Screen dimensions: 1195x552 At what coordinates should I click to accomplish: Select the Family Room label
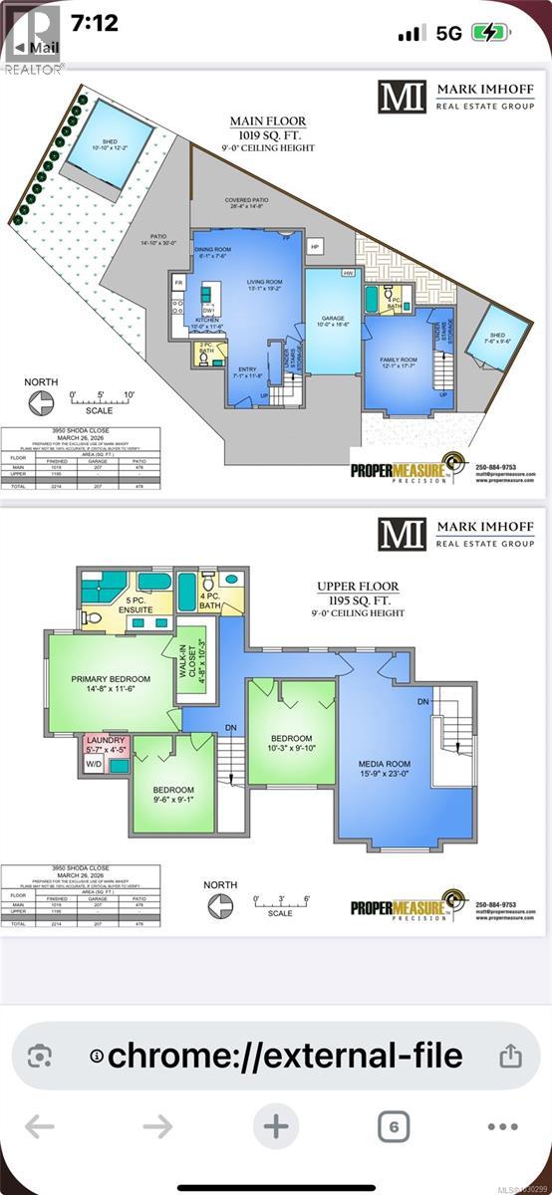396,365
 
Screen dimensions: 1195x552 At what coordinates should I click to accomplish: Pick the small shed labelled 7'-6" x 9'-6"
496,337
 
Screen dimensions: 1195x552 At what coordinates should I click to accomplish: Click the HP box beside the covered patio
314,245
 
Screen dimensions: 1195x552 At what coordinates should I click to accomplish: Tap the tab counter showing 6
395,1127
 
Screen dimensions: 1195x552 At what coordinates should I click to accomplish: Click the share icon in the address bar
509,1055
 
